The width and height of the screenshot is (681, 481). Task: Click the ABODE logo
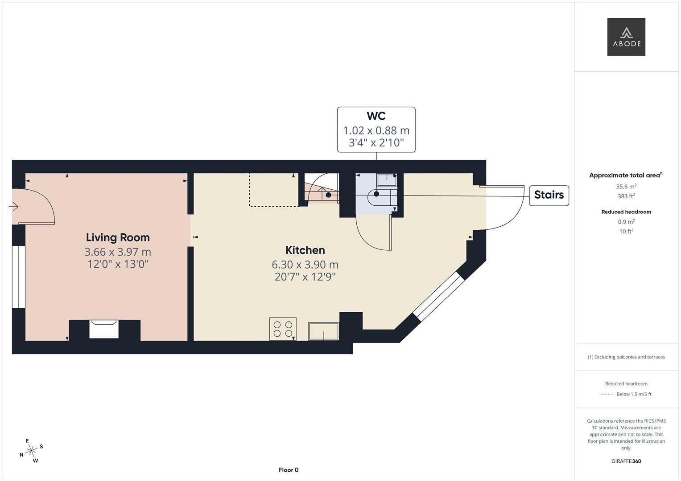pyautogui.click(x=626, y=37)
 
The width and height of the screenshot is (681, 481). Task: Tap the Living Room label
pyautogui.click(x=118, y=237)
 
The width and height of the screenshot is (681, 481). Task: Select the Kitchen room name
pyautogui.click(x=305, y=250)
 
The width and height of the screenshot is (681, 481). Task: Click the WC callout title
pyautogui.click(x=376, y=116)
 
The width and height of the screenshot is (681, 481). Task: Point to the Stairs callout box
pyautogui.click(x=549, y=195)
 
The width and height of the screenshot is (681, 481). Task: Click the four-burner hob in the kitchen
pyautogui.click(x=283, y=329)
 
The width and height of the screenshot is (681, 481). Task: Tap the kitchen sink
pyautogui.click(x=323, y=331)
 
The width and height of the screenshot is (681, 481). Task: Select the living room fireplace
pyautogui.click(x=103, y=329)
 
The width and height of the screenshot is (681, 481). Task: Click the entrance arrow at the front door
pyautogui.click(x=13, y=207)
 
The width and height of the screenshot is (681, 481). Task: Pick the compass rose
pyautogui.click(x=31, y=451)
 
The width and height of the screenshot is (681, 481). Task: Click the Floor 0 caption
pyautogui.click(x=289, y=470)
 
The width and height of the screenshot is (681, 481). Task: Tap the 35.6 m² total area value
pyautogui.click(x=626, y=187)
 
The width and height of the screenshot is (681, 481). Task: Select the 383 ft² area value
pyautogui.click(x=626, y=196)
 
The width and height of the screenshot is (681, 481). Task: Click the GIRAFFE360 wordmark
pyautogui.click(x=626, y=461)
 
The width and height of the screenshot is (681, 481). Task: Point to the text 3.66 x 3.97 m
pyautogui.click(x=118, y=252)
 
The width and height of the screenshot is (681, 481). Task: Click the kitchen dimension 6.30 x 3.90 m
pyautogui.click(x=305, y=265)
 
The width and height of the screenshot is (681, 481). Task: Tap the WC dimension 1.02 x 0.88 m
pyautogui.click(x=376, y=130)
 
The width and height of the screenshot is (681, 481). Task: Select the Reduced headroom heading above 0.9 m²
pyautogui.click(x=626, y=212)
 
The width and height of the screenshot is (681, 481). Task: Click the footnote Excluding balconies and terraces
pyautogui.click(x=626, y=357)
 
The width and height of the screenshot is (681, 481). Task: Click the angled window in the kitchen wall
pyautogui.click(x=438, y=296)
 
